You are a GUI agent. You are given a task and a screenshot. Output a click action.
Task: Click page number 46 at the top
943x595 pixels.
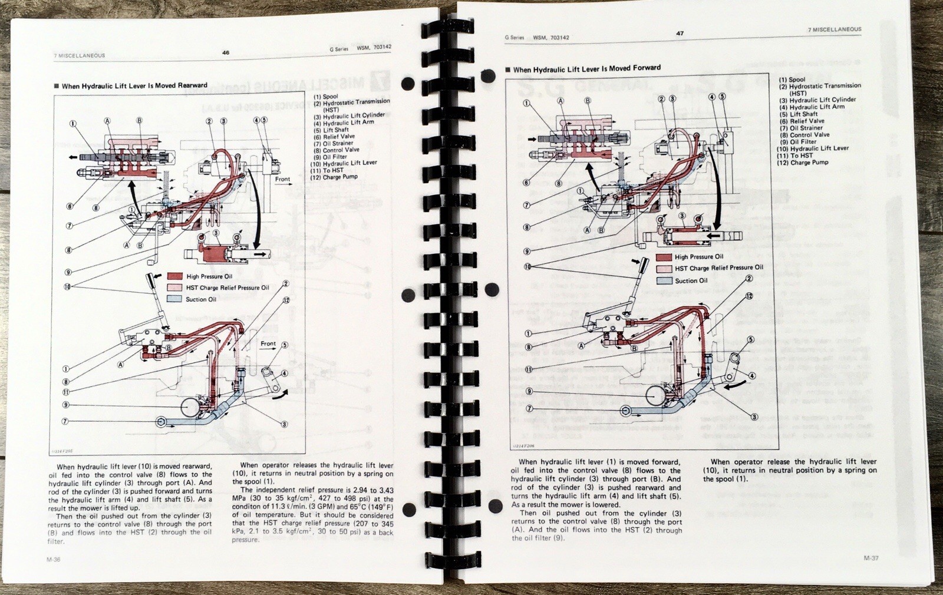click(x=226, y=52)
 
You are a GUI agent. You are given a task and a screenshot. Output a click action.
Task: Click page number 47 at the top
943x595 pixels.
click(x=680, y=33)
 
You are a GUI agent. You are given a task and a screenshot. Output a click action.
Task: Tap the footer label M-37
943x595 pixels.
click(x=871, y=558)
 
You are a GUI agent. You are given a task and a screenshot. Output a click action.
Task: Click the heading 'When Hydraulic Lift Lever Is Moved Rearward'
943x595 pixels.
click(x=134, y=86)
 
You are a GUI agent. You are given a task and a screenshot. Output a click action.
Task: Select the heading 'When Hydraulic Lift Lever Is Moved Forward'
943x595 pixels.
click(x=586, y=68)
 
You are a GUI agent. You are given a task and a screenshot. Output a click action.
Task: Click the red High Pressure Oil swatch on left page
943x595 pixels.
click(x=175, y=276)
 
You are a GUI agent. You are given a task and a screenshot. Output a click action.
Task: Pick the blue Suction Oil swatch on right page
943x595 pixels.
click(x=664, y=281)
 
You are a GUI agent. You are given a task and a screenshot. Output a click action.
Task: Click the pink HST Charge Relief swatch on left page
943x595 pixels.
click(x=175, y=287)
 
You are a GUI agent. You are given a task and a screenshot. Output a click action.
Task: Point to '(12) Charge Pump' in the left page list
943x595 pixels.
click(x=334, y=177)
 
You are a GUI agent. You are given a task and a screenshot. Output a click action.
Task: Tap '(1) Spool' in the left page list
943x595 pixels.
click(x=326, y=97)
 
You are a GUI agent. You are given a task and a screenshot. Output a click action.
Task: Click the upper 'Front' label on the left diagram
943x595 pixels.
click(x=282, y=179)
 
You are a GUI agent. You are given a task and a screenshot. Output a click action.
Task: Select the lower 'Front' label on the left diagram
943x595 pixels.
click(x=268, y=343)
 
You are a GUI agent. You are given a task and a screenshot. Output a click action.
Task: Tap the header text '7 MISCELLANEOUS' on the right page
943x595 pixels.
click(x=835, y=29)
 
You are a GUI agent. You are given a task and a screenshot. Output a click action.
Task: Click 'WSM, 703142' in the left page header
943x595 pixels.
click(x=374, y=47)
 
